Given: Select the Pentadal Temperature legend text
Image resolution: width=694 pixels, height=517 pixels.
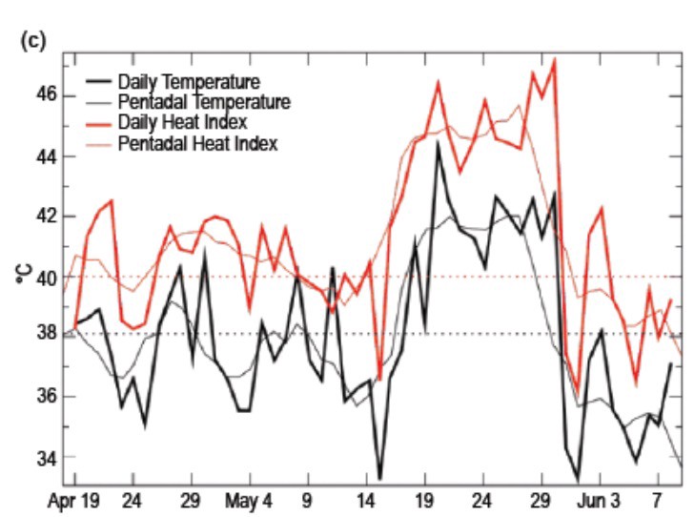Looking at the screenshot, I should (204, 102).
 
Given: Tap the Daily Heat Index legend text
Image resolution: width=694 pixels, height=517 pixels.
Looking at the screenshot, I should (183, 123).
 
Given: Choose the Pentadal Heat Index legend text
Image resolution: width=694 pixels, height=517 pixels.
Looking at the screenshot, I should (197, 144).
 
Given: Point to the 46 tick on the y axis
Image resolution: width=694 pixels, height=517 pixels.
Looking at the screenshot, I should (47, 95).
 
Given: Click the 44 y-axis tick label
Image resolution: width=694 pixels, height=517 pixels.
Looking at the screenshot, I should (47, 155).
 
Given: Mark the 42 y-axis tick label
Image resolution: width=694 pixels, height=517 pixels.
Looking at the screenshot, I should (47, 217).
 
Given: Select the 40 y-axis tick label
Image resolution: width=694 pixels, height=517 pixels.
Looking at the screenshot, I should (47, 277).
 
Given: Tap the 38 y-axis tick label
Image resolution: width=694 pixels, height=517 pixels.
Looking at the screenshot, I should (47, 336).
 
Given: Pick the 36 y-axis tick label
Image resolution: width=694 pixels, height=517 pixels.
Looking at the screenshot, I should (47, 396).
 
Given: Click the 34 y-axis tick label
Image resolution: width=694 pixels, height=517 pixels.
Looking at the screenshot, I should (47, 457).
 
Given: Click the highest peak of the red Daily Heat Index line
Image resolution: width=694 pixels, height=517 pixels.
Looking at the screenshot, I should (554, 59).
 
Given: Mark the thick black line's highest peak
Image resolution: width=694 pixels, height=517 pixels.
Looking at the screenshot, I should (438, 142).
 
